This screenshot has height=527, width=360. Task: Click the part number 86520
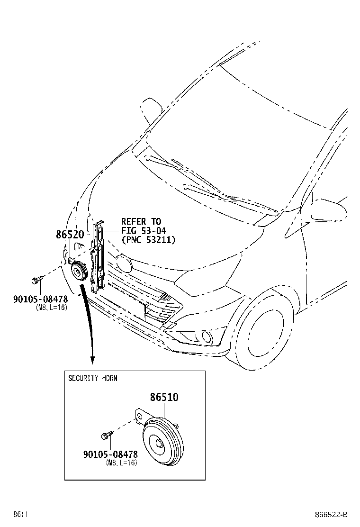tap(70, 234)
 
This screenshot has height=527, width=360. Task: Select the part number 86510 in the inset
tap(164, 397)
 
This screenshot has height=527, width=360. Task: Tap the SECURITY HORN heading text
tap(93, 378)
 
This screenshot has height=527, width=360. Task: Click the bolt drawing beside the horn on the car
tap(37, 279)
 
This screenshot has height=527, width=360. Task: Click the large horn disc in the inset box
tap(163, 442)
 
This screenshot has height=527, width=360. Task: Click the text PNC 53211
tap(148, 240)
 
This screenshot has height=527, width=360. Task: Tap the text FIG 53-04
tap(144, 231)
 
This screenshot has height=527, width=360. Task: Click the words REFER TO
tap(141, 221)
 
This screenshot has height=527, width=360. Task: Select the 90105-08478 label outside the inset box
tap(40, 299)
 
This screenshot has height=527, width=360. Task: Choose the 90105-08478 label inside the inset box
tap(110, 454)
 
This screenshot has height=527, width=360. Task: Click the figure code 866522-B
tap(331, 515)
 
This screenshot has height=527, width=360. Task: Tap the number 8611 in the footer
tap(20, 515)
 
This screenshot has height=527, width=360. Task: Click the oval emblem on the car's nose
tap(123, 264)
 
